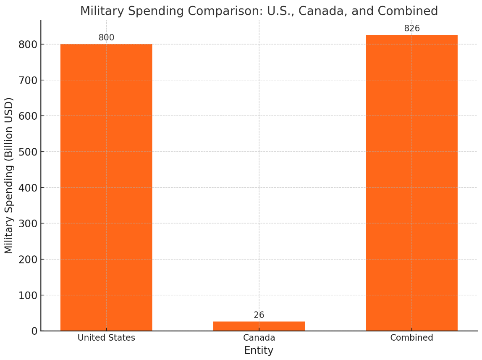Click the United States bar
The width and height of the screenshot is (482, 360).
106,187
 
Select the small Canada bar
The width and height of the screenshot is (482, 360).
259,326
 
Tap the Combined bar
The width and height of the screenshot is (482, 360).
411,183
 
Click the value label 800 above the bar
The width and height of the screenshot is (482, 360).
106,38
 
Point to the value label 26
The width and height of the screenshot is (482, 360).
259,315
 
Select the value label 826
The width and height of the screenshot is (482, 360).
411,29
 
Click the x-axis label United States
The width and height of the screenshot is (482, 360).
106,338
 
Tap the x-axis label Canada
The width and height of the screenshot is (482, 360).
259,338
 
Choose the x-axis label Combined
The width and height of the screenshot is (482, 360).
411,338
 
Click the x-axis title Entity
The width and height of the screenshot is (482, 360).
259,350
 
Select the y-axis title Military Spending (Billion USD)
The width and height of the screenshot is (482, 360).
9,175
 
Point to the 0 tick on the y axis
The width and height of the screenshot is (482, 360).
34,331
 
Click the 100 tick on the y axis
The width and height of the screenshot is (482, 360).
28,295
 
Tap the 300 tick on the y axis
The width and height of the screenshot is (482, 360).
28,223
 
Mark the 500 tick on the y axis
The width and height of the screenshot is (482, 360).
28,152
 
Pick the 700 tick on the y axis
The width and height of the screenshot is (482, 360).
28,80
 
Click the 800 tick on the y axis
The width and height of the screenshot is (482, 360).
28,45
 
